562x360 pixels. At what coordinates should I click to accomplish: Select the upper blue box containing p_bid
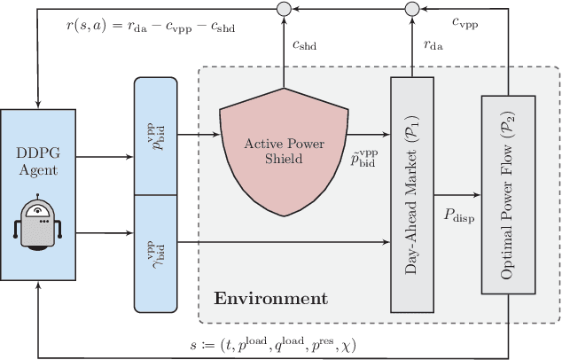tap(155, 137)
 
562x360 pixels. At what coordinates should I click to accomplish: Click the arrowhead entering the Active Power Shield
tap(217, 136)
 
